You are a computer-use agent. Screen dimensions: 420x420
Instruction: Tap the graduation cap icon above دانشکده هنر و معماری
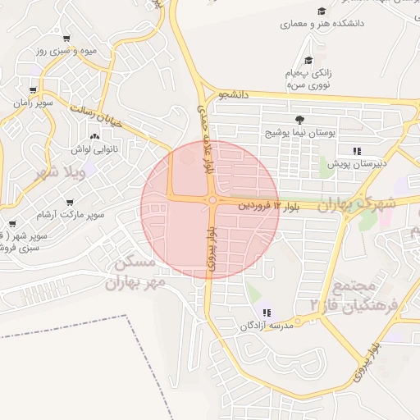(322, 11)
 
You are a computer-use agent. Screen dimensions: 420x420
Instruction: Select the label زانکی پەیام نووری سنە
(308, 78)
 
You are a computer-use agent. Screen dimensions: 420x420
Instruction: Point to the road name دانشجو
(232, 96)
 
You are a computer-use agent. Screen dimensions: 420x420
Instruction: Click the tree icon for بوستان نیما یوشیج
(299, 120)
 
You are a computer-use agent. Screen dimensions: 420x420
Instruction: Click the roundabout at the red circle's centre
(212, 200)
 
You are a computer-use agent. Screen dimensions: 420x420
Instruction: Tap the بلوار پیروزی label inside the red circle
(212, 250)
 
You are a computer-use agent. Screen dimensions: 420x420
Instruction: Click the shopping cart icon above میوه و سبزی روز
(66, 38)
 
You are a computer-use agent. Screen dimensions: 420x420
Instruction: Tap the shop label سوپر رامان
(32, 103)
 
